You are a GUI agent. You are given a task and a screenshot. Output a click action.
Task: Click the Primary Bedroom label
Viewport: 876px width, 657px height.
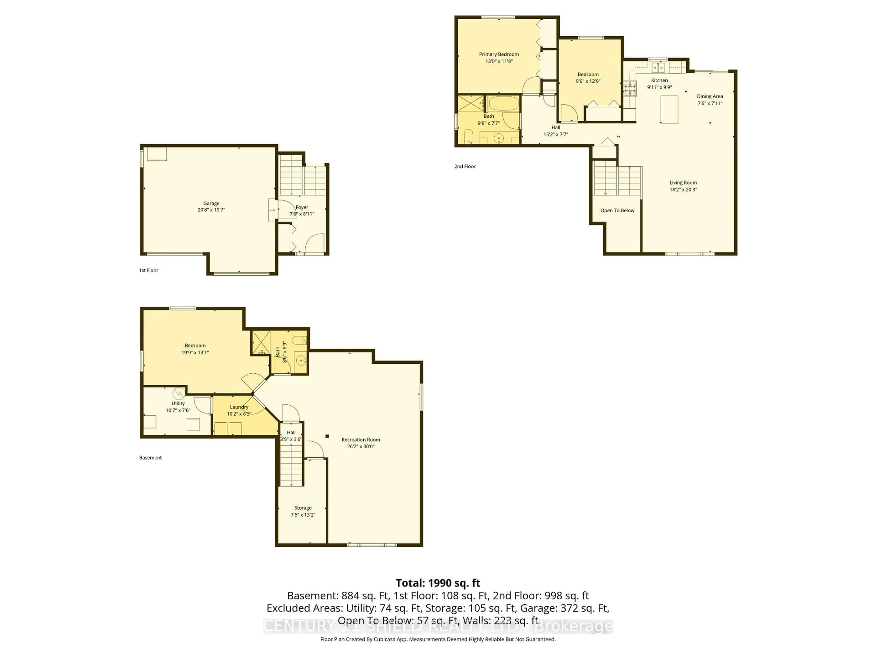[x=499, y=54]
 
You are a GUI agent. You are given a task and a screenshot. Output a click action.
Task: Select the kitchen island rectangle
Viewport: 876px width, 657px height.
[x=669, y=109]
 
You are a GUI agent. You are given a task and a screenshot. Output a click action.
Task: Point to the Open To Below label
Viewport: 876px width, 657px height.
[x=617, y=210]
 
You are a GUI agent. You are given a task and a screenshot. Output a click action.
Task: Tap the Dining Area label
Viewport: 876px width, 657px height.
[x=710, y=96]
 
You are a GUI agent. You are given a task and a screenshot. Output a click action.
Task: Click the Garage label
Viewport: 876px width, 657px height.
[x=211, y=203]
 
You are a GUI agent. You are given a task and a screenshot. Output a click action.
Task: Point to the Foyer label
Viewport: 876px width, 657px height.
[x=302, y=207]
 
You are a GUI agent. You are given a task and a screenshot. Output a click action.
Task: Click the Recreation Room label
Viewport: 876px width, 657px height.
[x=360, y=440]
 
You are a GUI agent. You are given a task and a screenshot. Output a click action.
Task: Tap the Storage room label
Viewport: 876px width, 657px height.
[x=302, y=508]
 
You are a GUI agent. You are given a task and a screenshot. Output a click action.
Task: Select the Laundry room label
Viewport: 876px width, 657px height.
[x=239, y=407]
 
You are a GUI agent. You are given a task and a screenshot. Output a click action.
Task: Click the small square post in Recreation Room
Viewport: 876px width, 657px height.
[x=327, y=436]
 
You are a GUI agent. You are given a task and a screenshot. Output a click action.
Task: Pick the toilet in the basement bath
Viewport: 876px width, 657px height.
[x=299, y=340]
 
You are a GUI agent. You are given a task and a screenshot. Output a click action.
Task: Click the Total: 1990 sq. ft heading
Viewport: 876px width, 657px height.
[x=438, y=583]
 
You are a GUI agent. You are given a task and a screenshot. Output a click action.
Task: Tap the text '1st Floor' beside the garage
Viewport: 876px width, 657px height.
[x=149, y=271]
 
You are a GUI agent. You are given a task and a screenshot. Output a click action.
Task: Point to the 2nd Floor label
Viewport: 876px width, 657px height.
[x=464, y=166]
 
